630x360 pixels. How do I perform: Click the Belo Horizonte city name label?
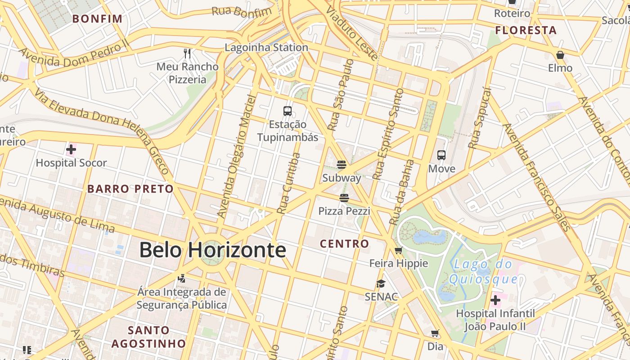(212, 250)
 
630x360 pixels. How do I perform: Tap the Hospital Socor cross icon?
(71, 149)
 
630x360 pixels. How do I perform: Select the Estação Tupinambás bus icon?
(288, 111)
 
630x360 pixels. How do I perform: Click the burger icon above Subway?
(342, 165)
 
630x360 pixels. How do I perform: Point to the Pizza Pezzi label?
(344, 211)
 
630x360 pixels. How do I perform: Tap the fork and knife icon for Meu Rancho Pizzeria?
(188, 54)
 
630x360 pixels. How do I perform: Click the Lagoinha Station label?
(266, 47)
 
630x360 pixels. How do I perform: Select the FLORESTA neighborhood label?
(526, 31)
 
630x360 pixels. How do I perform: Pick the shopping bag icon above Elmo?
(560, 55)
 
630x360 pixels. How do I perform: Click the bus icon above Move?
(441, 155)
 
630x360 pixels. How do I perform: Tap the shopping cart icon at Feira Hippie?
(398, 250)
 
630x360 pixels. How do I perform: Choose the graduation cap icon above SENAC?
(381, 283)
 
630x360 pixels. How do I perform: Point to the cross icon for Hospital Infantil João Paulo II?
(495, 300)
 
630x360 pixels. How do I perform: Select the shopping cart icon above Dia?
(435, 333)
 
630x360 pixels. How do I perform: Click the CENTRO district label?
(344, 244)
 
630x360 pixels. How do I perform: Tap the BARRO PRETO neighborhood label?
(130, 189)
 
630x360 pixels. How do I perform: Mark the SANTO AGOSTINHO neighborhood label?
(148, 337)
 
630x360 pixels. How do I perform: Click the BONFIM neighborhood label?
(97, 19)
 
